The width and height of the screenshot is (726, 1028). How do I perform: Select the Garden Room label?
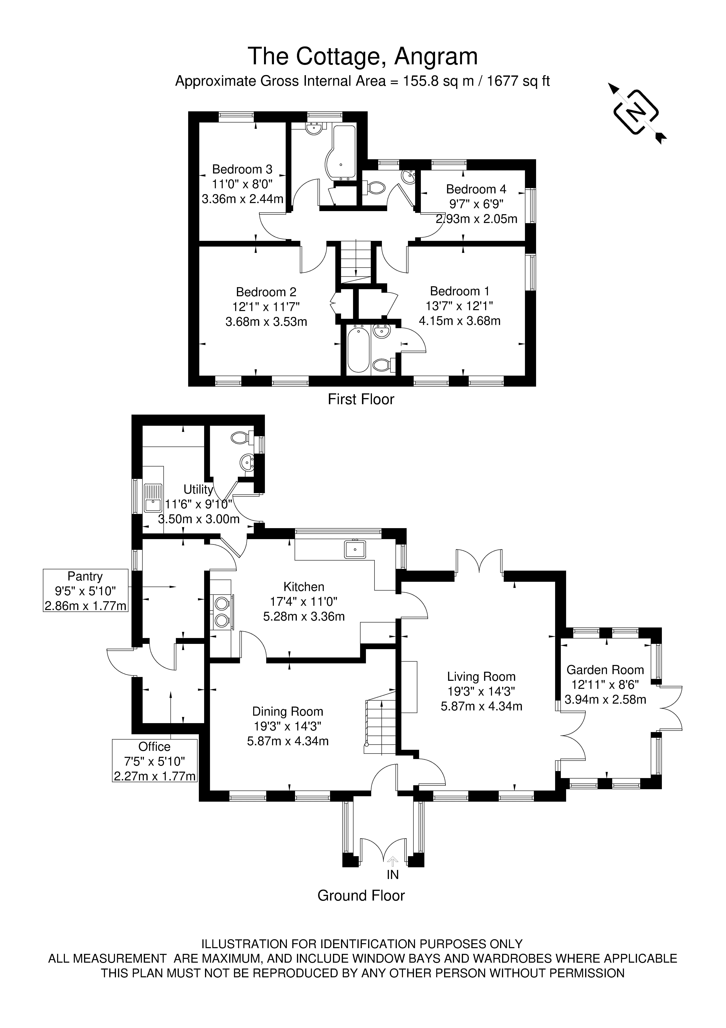pyautogui.click(x=605, y=670)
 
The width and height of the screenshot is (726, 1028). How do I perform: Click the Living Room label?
pyautogui.click(x=481, y=677)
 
